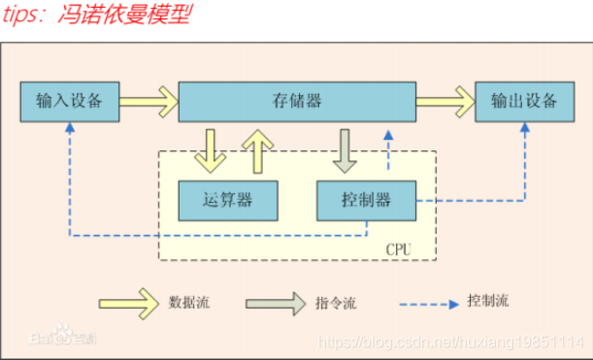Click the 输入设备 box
[x=70, y=101]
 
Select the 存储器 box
[x=297, y=101]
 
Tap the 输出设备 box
[x=524, y=101]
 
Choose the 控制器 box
[x=366, y=200]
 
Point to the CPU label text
[x=398, y=249]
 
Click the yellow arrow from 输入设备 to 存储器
[x=148, y=100]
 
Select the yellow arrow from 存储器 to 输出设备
[x=444, y=100]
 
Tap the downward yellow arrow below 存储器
[x=211, y=149]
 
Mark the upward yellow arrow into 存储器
[x=257, y=149]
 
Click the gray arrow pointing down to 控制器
[x=346, y=149]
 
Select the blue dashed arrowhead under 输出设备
[x=524, y=129]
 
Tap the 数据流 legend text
[x=188, y=303]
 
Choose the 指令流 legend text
[x=336, y=304]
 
